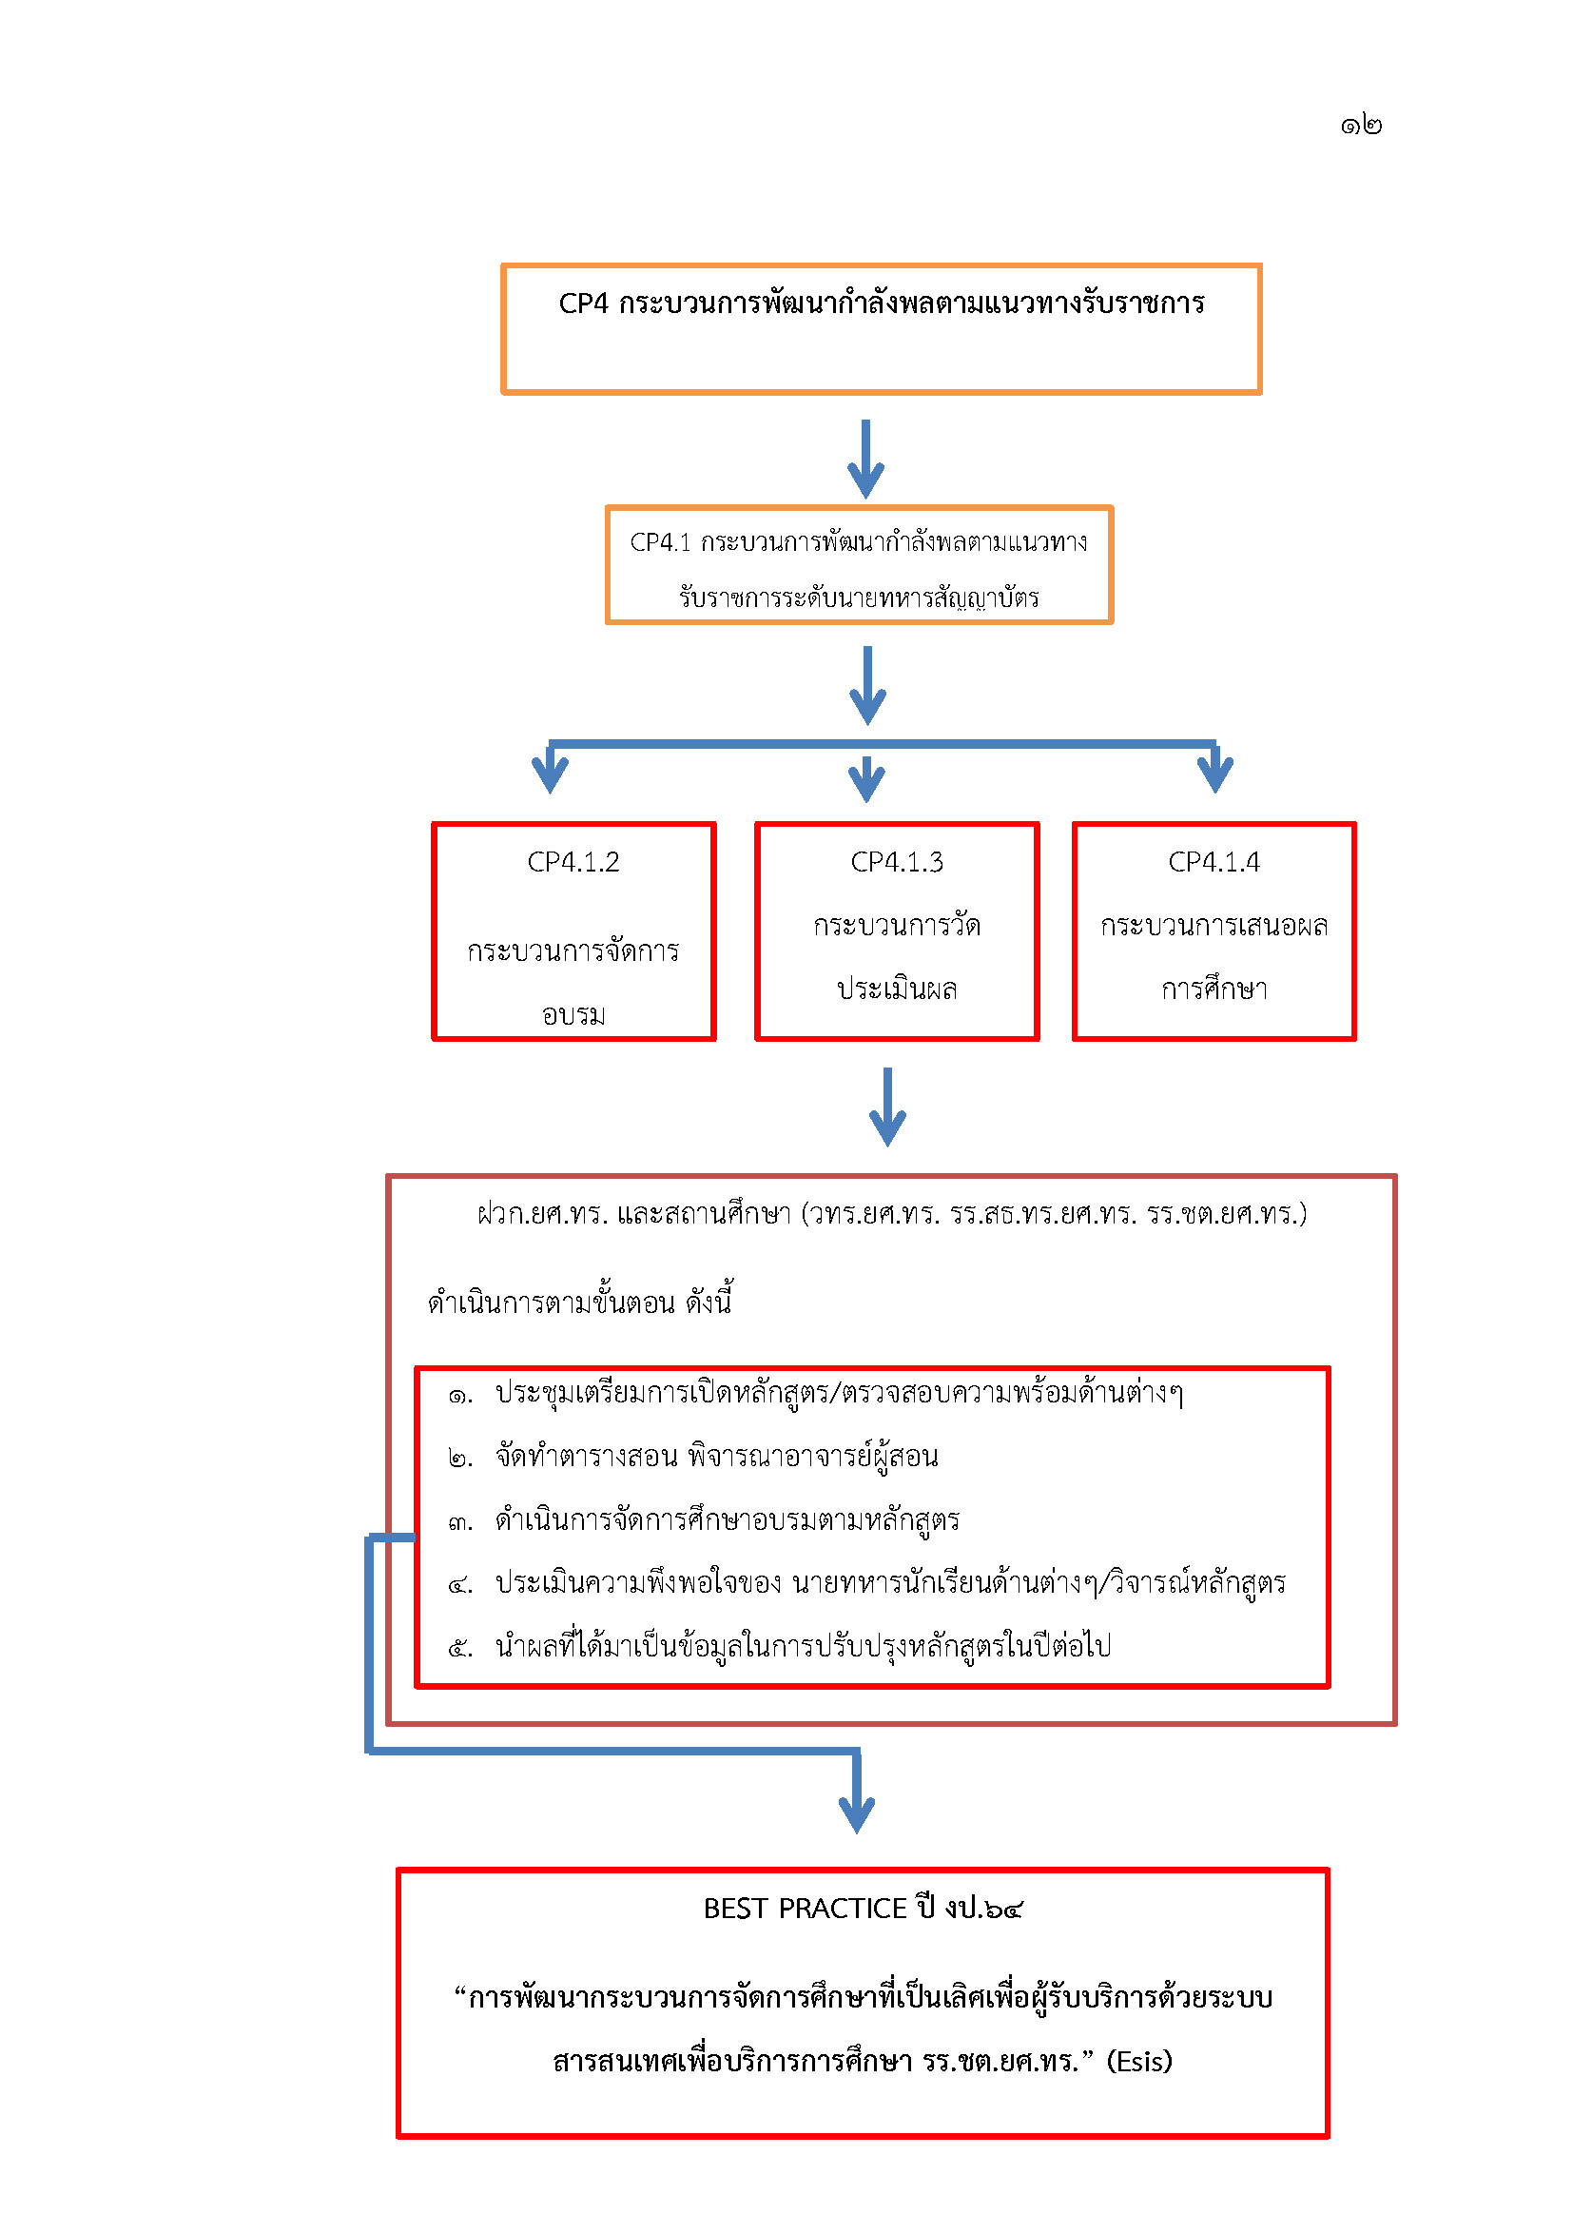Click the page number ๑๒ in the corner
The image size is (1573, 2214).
pos(1360,125)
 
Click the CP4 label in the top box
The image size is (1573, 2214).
pos(583,304)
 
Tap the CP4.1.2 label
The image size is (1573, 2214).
pos(573,861)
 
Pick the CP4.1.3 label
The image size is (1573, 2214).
pos(897,861)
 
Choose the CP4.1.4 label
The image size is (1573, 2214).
pos(1214,861)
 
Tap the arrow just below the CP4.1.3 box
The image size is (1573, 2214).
pos(887,1107)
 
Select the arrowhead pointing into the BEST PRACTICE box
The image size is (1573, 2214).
pos(856,1813)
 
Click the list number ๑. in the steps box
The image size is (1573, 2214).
pos(460,1395)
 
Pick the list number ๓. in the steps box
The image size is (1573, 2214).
pos(460,1522)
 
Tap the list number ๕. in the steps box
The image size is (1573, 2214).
pos(460,1647)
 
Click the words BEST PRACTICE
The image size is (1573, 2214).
pos(805,1908)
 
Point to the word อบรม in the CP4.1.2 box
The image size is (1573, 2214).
pos(573,1014)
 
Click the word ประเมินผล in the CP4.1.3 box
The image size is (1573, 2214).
pos(897,989)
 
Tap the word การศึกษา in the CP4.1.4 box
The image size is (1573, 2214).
pos(1214,989)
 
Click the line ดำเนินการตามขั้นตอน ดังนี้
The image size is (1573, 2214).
pos(579,1302)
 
